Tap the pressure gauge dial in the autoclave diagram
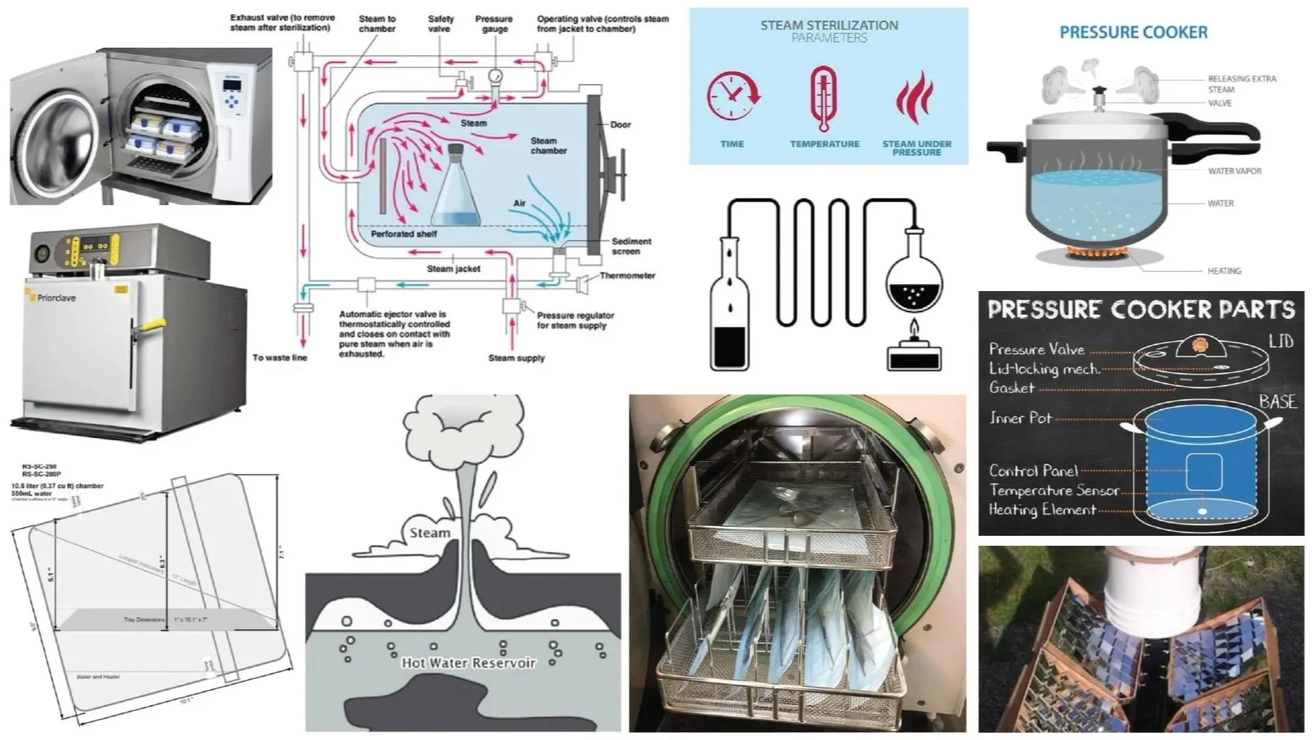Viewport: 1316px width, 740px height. [x=494, y=75]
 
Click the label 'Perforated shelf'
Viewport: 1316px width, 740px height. [x=404, y=233]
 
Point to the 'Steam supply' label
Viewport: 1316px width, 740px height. [x=516, y=358]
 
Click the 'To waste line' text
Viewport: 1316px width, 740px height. [x=280, y=357]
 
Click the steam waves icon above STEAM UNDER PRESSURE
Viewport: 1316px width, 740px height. [x=915, y=98]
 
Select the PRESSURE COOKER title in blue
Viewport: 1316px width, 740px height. [x=1133, y=32]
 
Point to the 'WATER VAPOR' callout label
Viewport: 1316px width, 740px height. [x=1234, y=171]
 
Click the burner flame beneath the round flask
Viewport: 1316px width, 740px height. [x=914, y=330]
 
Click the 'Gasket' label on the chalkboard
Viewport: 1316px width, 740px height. [x=1011, y=388]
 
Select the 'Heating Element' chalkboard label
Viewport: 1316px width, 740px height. [x=1042, y=509]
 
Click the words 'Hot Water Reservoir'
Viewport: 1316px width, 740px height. [x=468, y=662]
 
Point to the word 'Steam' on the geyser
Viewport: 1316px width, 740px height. [x=430, y=532]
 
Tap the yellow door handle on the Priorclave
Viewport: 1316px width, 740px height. [x=145, y=327]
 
